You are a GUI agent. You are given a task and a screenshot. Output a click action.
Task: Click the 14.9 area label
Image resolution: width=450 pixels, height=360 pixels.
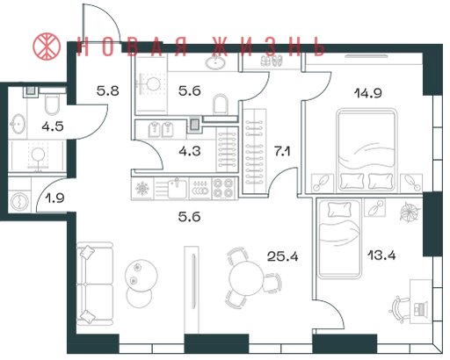368,93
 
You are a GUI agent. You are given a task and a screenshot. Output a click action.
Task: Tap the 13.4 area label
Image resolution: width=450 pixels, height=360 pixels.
381,256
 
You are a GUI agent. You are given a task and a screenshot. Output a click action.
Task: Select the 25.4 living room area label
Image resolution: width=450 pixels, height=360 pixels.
283,256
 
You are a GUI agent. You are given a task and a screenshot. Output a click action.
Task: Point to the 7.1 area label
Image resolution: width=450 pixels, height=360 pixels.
282,152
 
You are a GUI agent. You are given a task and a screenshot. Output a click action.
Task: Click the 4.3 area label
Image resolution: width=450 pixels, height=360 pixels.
190,151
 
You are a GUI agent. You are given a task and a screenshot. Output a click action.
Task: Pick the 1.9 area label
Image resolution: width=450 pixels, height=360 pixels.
54,198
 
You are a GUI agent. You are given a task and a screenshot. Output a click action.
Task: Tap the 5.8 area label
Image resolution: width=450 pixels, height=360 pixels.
108,91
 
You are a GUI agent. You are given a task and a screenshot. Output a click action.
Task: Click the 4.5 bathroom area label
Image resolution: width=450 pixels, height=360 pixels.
53,126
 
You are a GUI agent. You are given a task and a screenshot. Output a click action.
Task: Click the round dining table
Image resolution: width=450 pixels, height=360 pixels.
247,277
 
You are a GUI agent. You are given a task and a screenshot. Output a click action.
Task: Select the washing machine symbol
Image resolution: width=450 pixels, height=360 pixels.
19,201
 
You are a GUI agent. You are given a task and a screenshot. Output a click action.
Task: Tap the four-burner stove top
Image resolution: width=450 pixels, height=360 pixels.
223,188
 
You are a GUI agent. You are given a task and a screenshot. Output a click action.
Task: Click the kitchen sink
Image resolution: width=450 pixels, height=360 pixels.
178,189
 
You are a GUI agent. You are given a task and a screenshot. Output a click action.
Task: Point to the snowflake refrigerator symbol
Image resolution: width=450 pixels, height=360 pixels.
142,189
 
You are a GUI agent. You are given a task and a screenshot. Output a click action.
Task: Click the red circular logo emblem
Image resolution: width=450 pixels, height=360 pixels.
47,47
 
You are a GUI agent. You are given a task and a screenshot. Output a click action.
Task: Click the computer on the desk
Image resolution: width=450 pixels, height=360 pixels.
419,309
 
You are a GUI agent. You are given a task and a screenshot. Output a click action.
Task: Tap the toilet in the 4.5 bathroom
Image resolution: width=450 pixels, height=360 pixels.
53,104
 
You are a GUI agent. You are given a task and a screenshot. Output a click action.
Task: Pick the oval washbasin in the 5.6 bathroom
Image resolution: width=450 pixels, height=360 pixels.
215,62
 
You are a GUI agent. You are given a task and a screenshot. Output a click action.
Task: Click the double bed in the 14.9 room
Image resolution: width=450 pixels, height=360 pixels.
367,150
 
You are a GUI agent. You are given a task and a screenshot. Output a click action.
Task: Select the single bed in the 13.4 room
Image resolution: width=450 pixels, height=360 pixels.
339,239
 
